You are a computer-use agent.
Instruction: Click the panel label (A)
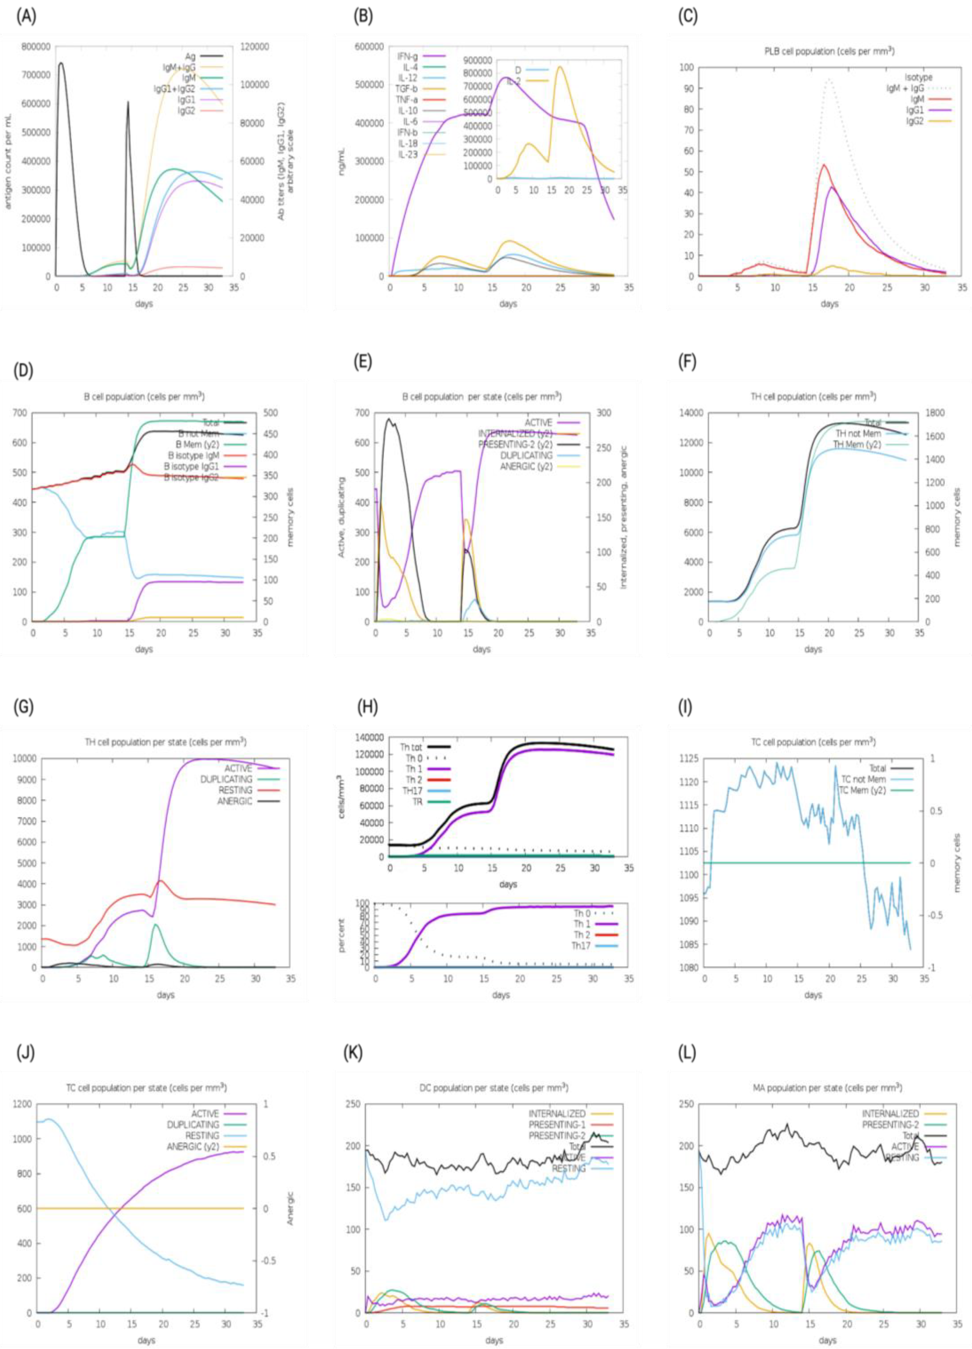26,17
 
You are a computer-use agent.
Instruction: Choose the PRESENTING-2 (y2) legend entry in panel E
516,444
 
